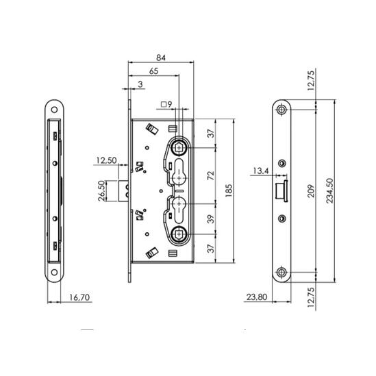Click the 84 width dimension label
pyautogui.click(x=161, y=58)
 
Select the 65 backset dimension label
pyautogui.click(x=153, y=71)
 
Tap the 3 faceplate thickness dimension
pyautogui.click(x=140, y=84)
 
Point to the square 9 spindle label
pyautogui.click(x=166, y=105)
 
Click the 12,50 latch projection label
pyautogui.click(x=106, y=160)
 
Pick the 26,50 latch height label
pyautogui.click(x=101, y=191)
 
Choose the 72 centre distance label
pyautogui.click(x=210, y=175)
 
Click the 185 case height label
pyautogui.click(x=229, y=191)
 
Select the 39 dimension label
pyautogui.click(x=210, y=218)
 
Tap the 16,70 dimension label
pyautogui.click(x=79, y=297)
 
